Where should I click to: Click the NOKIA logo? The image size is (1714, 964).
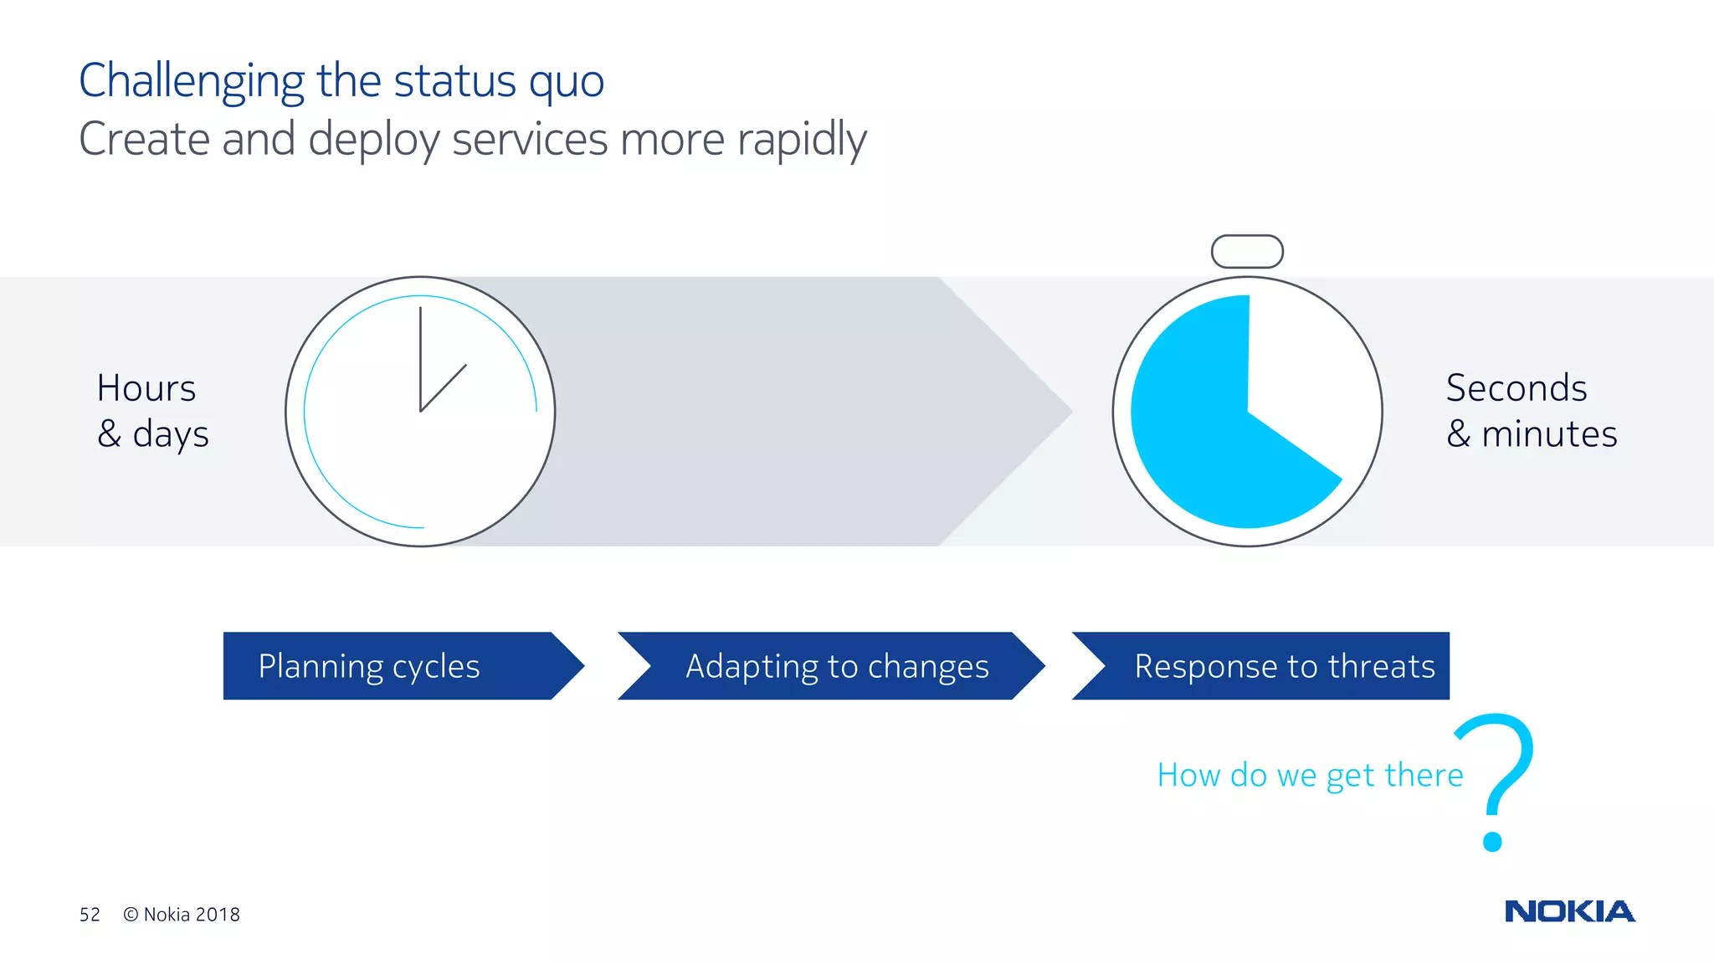(1569, 911)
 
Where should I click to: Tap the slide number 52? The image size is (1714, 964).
(90, 915)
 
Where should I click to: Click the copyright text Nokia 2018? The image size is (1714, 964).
(182, 915)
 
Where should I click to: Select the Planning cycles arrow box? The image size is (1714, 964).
(393, 666)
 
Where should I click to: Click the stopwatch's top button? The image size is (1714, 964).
(1247, 251)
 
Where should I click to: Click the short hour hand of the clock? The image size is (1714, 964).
(444, 387)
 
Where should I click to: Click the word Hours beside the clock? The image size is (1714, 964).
(146, 388)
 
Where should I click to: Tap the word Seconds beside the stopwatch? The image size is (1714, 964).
(1516, 388)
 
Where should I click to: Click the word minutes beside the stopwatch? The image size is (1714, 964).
(1549, 434)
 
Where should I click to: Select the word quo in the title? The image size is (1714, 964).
(567, 82)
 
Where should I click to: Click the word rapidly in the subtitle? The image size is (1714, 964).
(802, 140)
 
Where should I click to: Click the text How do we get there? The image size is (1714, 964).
(1310, 776)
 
